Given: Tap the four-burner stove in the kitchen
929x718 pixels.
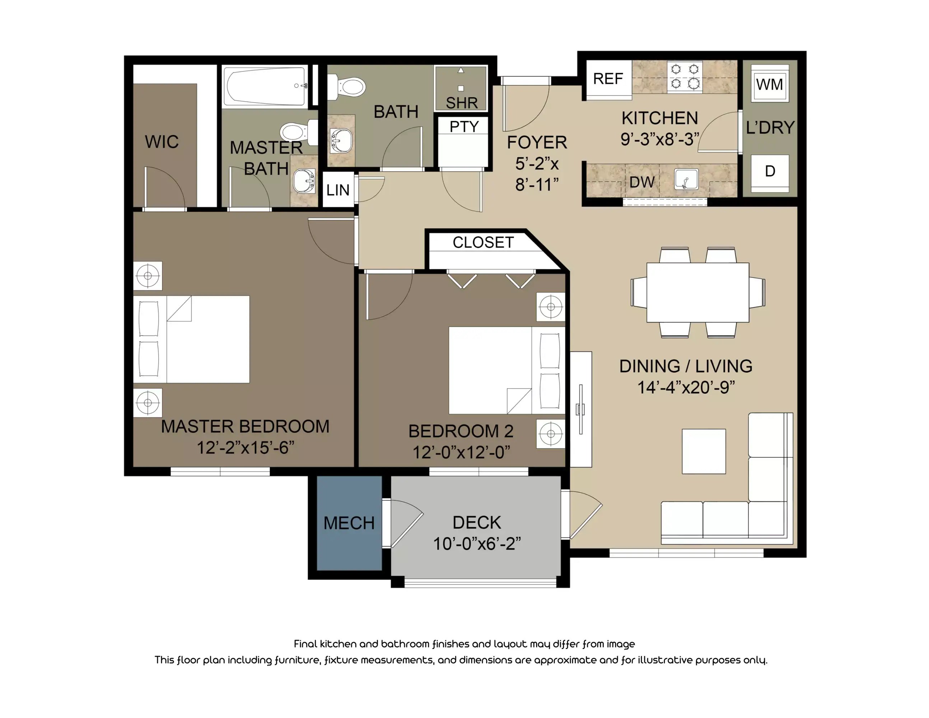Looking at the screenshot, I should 685,76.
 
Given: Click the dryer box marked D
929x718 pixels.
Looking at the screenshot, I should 770,171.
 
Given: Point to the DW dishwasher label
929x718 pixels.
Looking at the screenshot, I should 641,182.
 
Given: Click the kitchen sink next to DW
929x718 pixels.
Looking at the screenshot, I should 686,179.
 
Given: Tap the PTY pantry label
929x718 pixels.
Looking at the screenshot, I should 464,127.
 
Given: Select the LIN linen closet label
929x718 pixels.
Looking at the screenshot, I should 338,190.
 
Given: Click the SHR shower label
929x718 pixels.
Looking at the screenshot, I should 462,103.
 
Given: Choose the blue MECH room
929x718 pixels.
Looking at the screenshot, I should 349,523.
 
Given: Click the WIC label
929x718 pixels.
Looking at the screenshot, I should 162,142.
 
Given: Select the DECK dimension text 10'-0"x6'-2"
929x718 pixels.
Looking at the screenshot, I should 476,544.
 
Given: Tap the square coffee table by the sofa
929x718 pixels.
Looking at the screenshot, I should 704,451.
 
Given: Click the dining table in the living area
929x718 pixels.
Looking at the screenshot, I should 697,292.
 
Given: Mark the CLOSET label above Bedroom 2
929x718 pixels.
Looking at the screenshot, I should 483,242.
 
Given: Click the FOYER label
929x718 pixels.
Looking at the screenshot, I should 537,143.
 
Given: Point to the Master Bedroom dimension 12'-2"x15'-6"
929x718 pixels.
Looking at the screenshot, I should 246,447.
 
